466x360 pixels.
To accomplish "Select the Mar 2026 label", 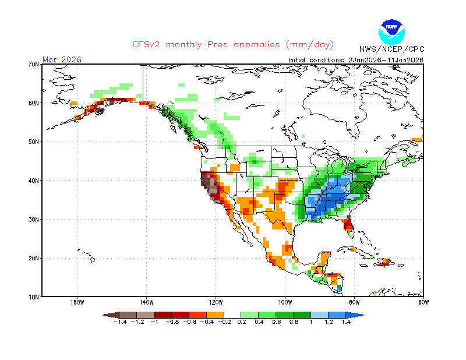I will (x=62, y=59).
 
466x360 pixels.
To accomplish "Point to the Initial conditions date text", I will (x=356, y=59).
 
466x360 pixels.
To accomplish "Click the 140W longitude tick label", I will (x=146, y=302).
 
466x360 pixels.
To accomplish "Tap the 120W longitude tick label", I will (x=216, y=302).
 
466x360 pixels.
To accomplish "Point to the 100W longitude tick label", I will (x=285, y=302).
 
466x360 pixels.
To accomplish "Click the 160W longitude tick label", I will (x=77, y=302).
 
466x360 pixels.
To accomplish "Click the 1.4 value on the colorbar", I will (x=346, y=322).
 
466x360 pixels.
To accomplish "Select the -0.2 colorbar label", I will (x=224, y=322).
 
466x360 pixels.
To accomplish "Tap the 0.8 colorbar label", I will (x=294, y=322).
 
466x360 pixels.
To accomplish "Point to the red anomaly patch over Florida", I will (x=348, y=223).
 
